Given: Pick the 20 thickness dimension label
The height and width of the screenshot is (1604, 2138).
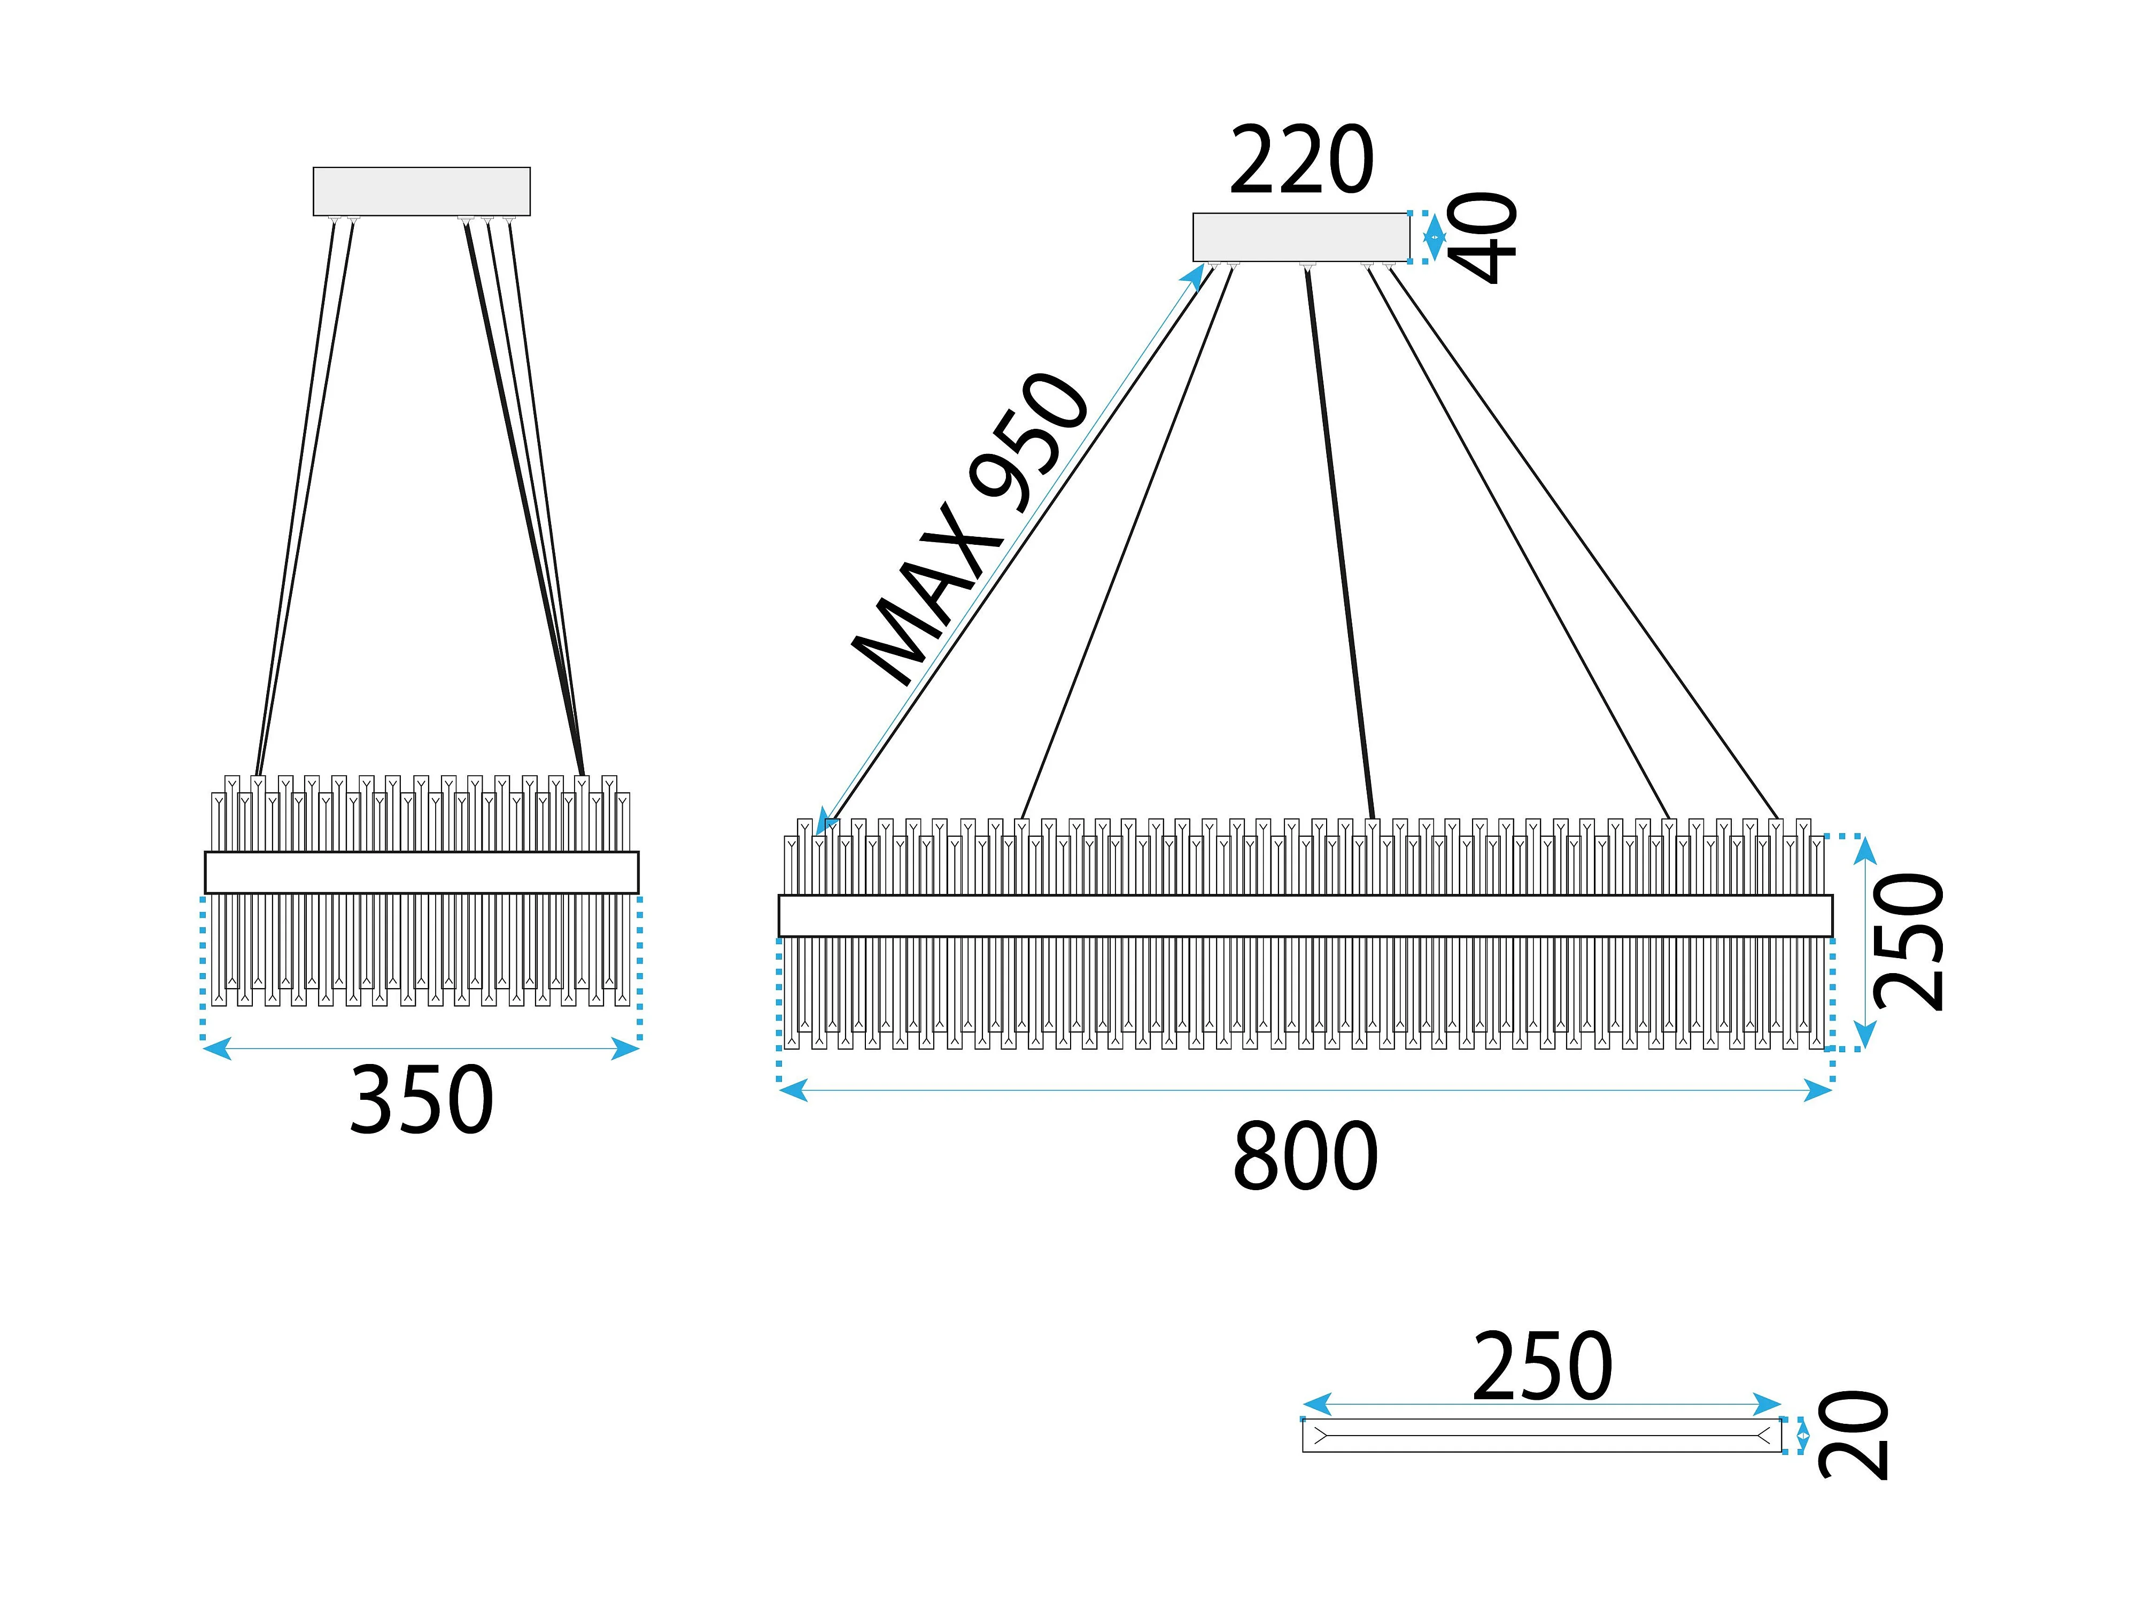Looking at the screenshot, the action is pyautogui.click(x=1853, y=1435).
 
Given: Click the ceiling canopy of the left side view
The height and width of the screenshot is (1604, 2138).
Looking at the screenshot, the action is pyautogui.click(x=421, y=191).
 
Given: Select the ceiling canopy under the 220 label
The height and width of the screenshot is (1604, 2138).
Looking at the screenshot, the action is pyautogui.click(x=1301, y=237).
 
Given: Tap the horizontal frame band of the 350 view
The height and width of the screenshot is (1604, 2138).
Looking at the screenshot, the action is pyautogui.click(x=421, y=872).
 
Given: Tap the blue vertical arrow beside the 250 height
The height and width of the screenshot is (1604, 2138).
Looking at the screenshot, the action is pyautogui.click(x=1864, y=943).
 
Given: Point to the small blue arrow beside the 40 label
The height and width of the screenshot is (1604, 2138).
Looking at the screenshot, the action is pyautogui.click(x=1435, y=237).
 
